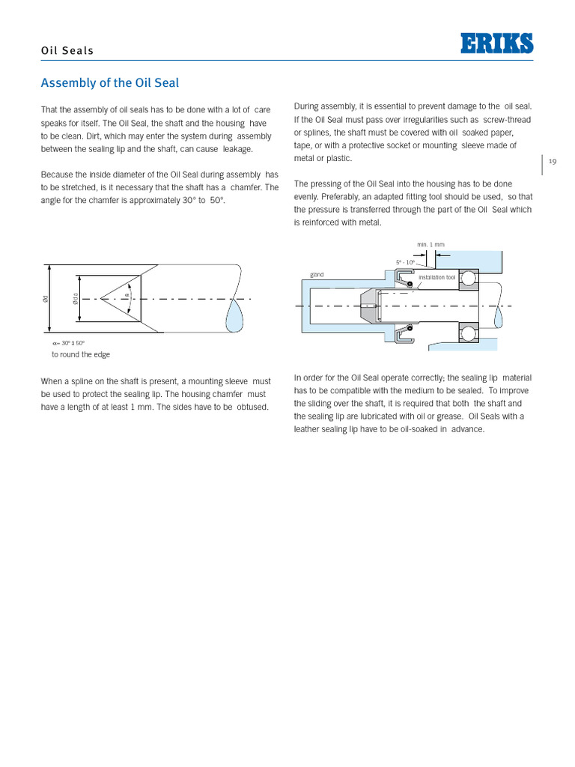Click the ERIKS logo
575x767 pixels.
click(496, 43)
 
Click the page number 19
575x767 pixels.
click(553, 161)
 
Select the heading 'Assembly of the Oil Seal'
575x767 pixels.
click(109, 83)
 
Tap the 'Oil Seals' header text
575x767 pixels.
click(67, 51)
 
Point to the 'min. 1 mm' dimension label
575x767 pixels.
click(431, 244)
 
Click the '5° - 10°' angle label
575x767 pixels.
click(406, 261)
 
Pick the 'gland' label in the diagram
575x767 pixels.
click(317, 275)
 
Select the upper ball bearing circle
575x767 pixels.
click(468, 279)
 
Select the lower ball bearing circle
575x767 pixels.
click(468, 333)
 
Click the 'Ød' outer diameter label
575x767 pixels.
click(46, 299)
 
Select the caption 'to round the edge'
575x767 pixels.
click(80, 354)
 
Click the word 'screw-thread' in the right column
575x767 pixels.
click(506, 119)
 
